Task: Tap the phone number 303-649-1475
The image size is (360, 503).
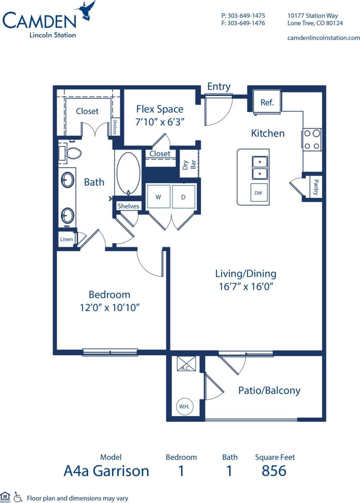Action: point(243,16)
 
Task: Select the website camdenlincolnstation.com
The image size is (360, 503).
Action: point(323,38)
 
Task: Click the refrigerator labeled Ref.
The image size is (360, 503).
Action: point(267,102)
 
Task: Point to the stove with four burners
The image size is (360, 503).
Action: point(312,140)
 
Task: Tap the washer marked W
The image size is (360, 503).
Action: point(158,197)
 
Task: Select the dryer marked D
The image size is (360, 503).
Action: point(183,197)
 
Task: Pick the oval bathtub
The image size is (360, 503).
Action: point(128,173)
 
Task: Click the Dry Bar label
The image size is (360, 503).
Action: point(189,164)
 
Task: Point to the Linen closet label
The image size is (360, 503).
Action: point(66,239)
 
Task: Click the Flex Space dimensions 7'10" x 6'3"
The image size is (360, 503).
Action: point(160,122)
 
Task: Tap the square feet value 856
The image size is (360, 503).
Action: point(274,471)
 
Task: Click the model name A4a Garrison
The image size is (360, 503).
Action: point(106,471)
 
